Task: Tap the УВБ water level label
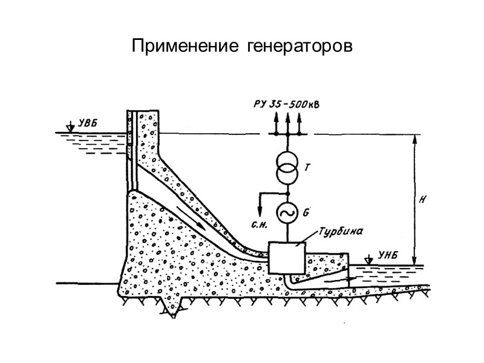(88, 125)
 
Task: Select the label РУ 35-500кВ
(286, 104)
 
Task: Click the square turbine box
(287, 257)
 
